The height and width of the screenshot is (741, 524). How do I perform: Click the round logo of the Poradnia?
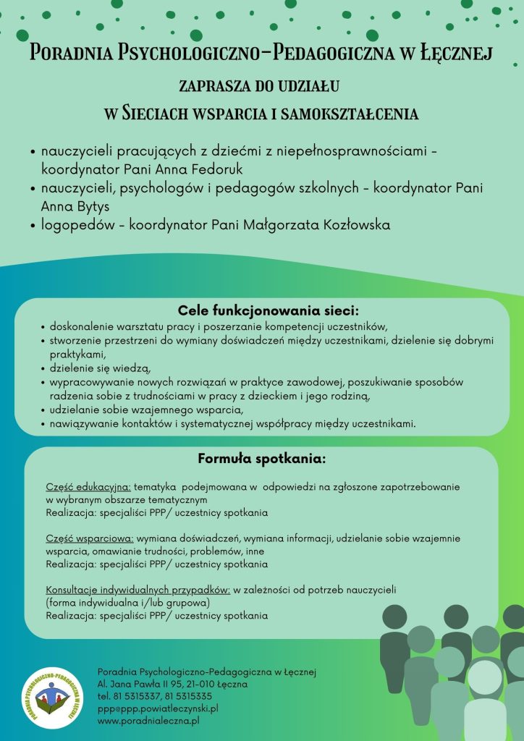point(51,700)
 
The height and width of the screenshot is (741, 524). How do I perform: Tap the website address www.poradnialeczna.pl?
point(148,721)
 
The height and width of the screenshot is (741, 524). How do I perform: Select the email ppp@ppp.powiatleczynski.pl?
point(158,708)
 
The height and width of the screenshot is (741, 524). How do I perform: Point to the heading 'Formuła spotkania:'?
point(262,459)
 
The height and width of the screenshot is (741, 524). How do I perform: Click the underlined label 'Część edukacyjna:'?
point(88,487)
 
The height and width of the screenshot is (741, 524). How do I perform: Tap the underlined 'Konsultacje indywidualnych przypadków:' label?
point(138,590)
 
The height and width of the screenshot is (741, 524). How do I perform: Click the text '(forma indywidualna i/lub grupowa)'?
point(127,603)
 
